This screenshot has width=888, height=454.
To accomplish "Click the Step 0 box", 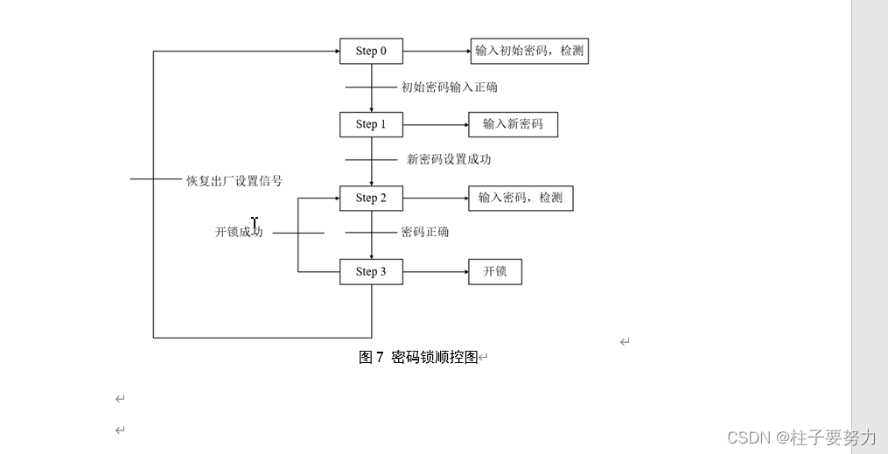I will (x=371, y=52).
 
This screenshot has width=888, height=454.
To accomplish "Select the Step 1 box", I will (x=371, y=124).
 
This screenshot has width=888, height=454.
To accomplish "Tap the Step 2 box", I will (x=371, y=199).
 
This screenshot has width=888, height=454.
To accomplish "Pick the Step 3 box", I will (x=371, y=272).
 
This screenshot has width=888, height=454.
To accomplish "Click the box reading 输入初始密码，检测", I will (x=528, y=51).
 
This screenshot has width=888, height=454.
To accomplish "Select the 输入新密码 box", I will (x=513, y=124).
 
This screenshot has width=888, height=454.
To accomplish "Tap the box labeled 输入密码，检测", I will (x=521, y=198).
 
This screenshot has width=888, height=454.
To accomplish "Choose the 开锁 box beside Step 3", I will (x=495, y=271).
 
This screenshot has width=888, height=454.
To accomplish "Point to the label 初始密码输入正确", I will (x=450, y=87).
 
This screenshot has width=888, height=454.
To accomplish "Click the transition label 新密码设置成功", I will (x=449, y=159).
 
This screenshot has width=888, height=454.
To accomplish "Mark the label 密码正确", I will (x=424, y=232).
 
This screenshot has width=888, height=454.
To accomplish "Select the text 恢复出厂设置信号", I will (x=234, y=181).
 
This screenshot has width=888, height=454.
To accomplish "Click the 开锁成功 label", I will (x=239, y=232).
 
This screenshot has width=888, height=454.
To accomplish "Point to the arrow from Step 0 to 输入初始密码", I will (x=436, y=52).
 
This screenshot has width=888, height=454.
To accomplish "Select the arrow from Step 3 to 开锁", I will (x=436, y=272).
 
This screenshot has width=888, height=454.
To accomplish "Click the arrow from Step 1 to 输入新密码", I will (x=436, y=124).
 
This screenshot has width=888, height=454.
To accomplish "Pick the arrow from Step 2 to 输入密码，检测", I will (x=436, y=199).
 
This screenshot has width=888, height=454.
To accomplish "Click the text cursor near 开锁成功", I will (x=255, y=224).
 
